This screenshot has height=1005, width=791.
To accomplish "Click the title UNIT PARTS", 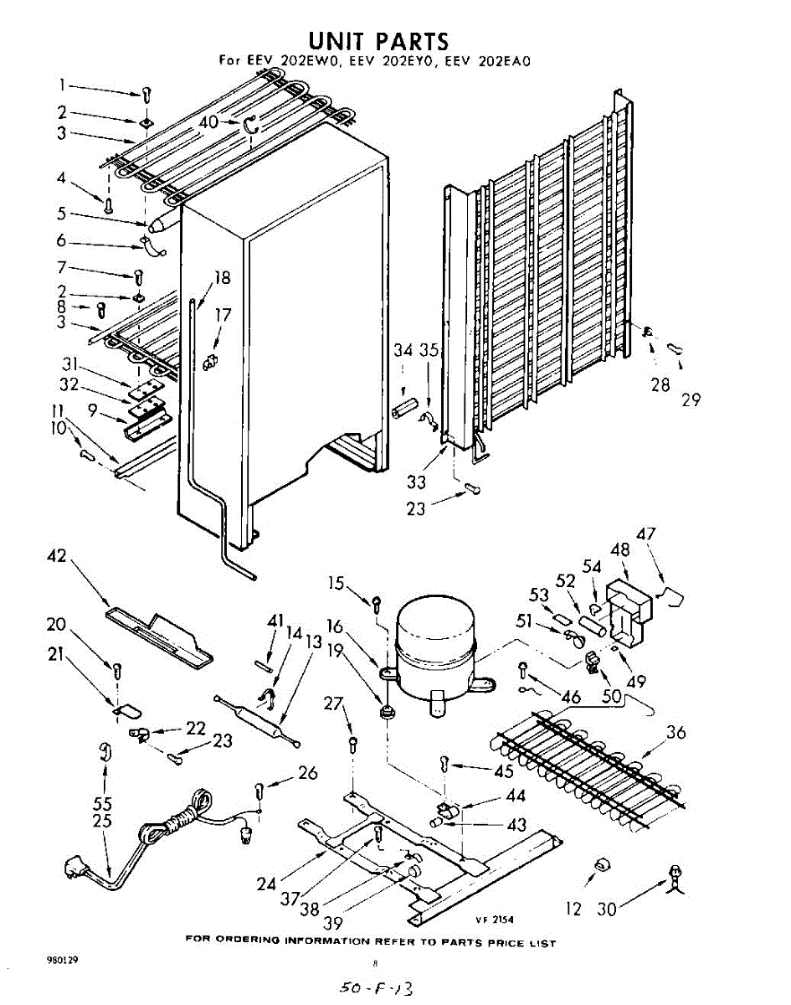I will point(378,41).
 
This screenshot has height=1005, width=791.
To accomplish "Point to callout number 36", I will point(675,734).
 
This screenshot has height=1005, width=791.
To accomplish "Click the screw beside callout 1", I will point(147,94).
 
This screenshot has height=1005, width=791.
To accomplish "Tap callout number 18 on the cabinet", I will point(222,279).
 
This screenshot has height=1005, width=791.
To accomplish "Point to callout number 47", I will point(646,534).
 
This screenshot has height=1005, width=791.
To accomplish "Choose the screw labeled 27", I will point(353,743).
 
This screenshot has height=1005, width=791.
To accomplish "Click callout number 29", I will point(691,399).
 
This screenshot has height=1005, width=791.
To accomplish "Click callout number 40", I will point(208,122).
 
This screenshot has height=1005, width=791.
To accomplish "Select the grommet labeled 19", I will point(387,714).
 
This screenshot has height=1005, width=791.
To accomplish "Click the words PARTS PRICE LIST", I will point(500,943).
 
